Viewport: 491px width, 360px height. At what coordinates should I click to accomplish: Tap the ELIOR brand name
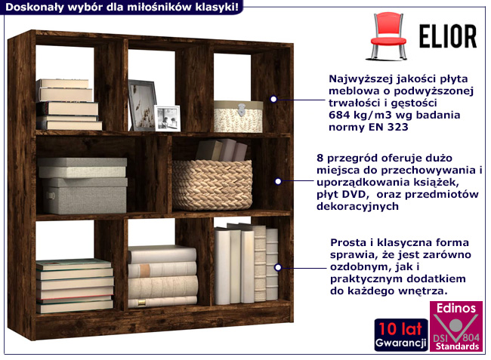[447, 35]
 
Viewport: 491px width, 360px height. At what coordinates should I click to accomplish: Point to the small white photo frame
[167, 118]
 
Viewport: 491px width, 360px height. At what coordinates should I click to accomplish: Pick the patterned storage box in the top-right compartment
[238, 115]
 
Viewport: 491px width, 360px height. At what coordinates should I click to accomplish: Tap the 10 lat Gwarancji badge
[400, 334]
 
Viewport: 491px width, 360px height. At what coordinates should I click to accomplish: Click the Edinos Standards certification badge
[456, 326]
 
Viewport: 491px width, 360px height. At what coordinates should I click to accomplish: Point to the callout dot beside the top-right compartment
[273, 98]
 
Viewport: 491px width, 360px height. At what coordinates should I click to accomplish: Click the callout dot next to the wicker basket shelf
[278, 181]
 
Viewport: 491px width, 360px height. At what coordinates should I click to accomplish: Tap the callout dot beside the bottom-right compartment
[278, 266]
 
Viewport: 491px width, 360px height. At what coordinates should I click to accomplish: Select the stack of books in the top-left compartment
[68, 105]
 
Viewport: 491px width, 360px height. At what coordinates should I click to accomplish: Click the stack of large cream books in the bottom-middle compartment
[162, 276]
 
